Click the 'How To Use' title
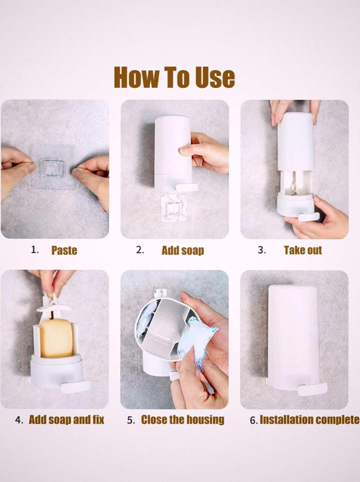(x=174, y=77)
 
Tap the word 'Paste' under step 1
(x=64, y=250)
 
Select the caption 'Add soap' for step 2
(x=183, y=250)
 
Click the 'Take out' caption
(x=303, y=250)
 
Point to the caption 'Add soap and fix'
(x=66, y=420)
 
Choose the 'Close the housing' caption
(x=183, y=420)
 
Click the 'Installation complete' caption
(x=310, y=420)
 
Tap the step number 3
(x=262, y=250)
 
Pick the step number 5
(x=131, y=420)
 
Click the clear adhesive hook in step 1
(x=54, y=168)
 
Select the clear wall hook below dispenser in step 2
(x=173, y=208)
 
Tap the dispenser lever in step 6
(x=312, y=389)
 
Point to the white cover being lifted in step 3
(x=296, y=142)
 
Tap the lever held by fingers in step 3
(x=309, y=217)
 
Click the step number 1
(x=35, y=250)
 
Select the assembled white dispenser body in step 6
(x=293, y=337)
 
